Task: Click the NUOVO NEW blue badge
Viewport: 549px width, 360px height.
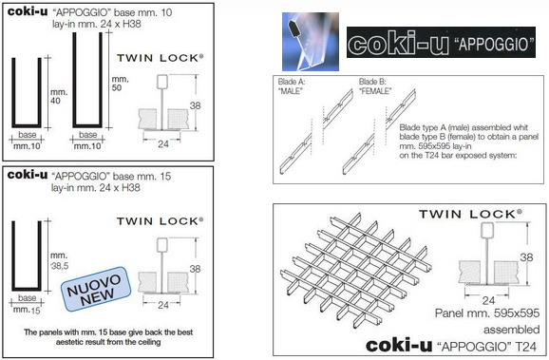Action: point(96,289)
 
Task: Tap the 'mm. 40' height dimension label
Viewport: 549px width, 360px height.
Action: point(59,97)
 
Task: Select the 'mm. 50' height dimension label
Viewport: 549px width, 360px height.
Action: point(120,84)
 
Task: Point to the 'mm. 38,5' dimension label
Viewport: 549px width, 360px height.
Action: point(59,261)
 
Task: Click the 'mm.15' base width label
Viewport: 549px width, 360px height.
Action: point(27,310)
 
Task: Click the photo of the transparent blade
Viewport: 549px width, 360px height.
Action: point(311,42)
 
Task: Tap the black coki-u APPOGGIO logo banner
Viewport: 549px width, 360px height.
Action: point(441,43)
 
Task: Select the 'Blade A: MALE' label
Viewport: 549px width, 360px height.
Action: point(292,86)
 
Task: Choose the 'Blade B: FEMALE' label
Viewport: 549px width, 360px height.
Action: point(375,86)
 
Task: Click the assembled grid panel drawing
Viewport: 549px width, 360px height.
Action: point(356,270)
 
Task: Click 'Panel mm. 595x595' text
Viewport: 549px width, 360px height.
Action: point(487,313)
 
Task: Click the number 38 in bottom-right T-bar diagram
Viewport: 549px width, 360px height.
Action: point(526,257)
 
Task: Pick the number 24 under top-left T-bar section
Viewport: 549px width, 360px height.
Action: point(163,144)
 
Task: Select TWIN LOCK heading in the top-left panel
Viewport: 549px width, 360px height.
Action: point(160,58)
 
